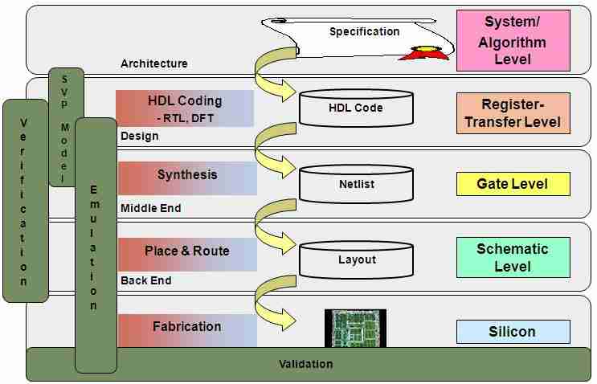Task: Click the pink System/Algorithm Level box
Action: [513, 40]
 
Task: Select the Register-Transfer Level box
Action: [513, 113]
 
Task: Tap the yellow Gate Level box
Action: [513, 184]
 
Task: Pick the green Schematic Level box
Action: [513, 257]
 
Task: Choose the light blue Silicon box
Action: [513, 331]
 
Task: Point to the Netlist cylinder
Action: [356, 184]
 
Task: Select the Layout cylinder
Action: [356, 259]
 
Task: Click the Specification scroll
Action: [363, 35]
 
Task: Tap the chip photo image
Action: [355, 328]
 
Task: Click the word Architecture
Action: [154, 63]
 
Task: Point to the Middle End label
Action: [151, 208]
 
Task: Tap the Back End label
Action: [146, 281]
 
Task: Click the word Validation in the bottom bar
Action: [305, 364]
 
